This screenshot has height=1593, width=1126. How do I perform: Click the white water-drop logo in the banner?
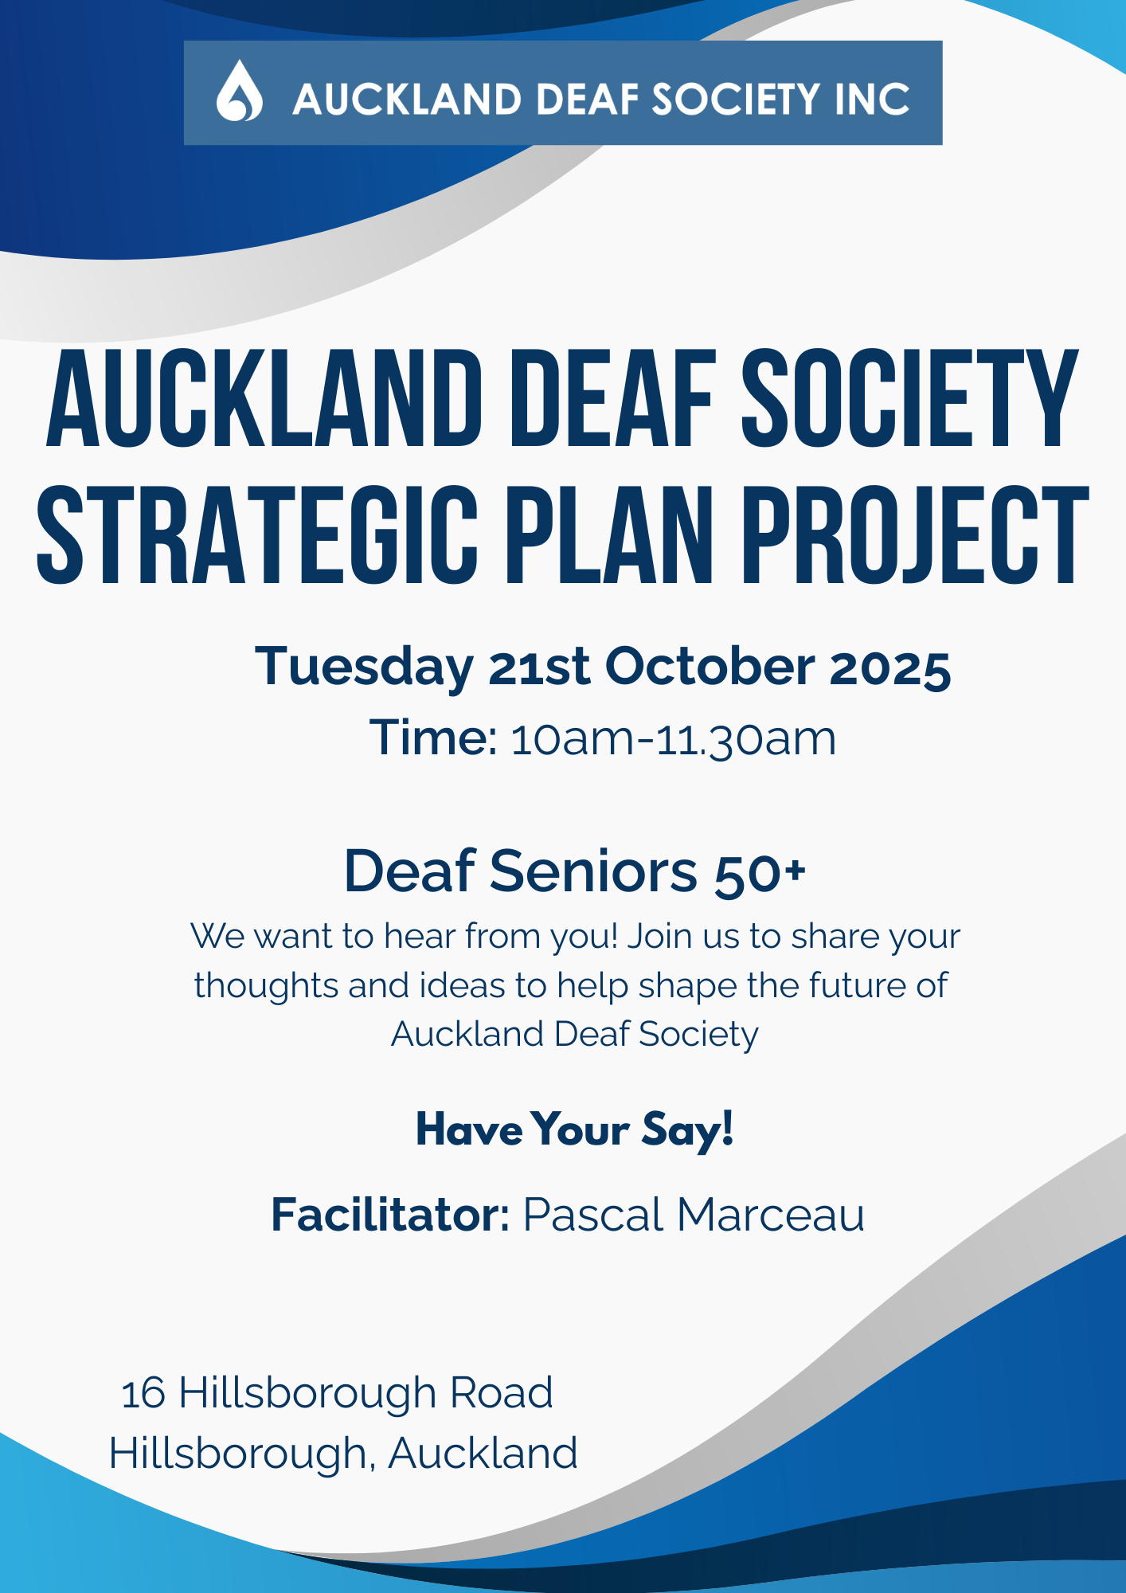click(x=239, y=92)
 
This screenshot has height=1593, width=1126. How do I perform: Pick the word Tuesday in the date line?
click(x=364, y=667)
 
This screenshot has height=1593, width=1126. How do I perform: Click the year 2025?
click(x=890, y=667)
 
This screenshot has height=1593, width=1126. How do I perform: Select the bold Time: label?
click(x=434, y=738)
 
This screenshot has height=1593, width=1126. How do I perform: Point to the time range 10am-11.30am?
click(x=674, y=739)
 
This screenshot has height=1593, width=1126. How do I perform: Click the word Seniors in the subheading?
click(x=593, y=871)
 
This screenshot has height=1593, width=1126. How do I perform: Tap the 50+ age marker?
click(x=760, y=873)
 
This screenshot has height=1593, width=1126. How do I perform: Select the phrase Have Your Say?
click(x=575, y=1129)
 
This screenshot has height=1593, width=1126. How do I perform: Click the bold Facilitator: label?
click(x=390, y=1215)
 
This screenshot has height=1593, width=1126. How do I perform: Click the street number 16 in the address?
click(x=143, y=1394)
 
